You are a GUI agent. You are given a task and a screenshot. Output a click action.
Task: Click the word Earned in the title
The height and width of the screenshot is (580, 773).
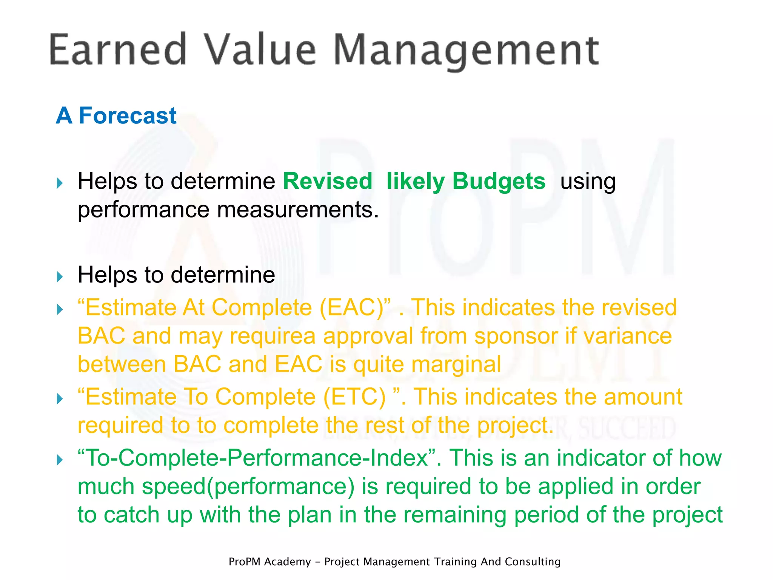pos(118,50)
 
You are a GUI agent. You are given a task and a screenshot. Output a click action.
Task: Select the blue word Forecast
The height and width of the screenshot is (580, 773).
pos(128,116)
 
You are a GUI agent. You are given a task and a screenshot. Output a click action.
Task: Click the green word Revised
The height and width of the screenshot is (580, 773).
pos(328,181)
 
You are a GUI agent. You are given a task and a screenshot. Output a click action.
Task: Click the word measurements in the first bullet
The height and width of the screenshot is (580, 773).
pos(297,210)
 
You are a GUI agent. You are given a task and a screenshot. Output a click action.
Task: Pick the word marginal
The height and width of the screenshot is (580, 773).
pos(456,364)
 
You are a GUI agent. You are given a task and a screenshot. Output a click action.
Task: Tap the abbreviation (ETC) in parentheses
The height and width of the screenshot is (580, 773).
pos(354,397)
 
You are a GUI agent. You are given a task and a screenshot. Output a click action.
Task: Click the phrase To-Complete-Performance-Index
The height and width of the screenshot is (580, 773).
pos(257,458)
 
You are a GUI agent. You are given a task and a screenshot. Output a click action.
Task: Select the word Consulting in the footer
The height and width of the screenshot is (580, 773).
pos(533,561)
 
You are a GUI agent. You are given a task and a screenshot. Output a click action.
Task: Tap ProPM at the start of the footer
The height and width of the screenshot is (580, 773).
pos(245,562)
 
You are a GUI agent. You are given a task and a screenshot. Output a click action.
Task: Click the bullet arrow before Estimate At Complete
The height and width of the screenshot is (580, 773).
pos(60,310)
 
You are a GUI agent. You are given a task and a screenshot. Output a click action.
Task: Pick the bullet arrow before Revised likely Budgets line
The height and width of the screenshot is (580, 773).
pos(60,184)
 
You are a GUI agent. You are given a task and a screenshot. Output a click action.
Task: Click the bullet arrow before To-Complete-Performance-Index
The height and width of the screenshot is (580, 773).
pos(60,460)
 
